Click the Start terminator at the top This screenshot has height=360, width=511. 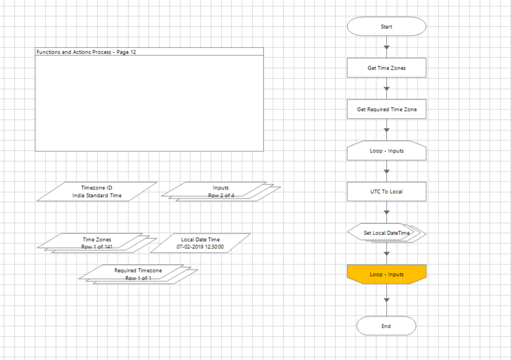click(386, 26)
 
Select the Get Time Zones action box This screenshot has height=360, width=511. click(386, 68)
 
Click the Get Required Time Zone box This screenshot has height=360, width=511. click(386, 109)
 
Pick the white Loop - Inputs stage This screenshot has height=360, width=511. click(386, 151)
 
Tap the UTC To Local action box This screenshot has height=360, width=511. click(386, 192)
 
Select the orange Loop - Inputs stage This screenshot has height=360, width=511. click(386, 274)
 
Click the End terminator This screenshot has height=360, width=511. click(386, 326)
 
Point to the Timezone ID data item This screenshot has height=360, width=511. click(96, 191)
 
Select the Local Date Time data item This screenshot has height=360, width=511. click(200, 243)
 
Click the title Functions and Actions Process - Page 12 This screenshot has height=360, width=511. click(86, 52)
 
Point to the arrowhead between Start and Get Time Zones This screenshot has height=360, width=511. click(387, 47)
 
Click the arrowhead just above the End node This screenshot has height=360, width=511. click(387, 300)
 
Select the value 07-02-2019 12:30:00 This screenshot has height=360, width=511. click(200, 247)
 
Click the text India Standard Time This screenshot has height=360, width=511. click(97, 196)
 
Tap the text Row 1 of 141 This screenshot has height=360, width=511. click(97, 247)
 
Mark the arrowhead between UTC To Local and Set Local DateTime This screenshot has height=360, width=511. click(387, 212)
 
